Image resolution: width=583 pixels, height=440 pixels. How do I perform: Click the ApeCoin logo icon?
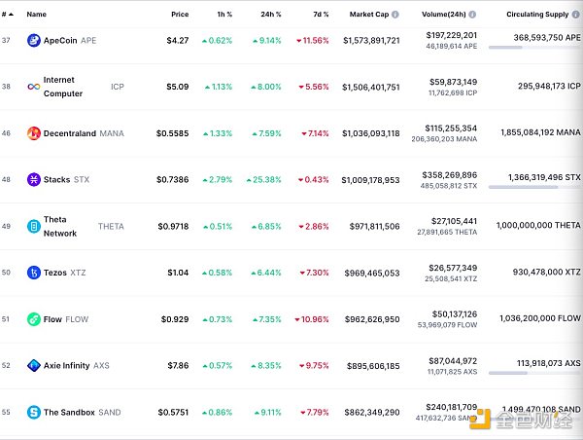point(34,41)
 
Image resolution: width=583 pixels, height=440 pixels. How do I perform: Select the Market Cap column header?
point(368,15)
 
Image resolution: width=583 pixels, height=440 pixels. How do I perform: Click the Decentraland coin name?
point(70,133)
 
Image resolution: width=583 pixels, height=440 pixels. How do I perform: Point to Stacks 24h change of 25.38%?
point(264,180)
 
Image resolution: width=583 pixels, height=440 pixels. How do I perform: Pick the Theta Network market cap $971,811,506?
point(370,226)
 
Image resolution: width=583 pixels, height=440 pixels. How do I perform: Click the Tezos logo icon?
point(34,273)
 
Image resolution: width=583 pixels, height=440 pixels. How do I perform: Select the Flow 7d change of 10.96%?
point(313,319)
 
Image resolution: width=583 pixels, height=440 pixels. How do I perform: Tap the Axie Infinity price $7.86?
point(177,366)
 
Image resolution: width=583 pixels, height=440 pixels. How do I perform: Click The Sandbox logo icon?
point(34,413)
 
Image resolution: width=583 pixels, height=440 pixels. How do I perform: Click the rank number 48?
point(7,180)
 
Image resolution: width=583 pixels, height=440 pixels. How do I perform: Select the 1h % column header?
point(223,15)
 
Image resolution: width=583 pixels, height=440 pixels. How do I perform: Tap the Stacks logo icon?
point(34,180)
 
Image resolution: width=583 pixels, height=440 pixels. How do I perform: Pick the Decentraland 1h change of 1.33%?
point(217,133)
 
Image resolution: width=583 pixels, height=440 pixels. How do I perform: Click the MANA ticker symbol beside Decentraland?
point(112,133)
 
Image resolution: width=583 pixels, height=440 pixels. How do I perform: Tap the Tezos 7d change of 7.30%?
point(315,273)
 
